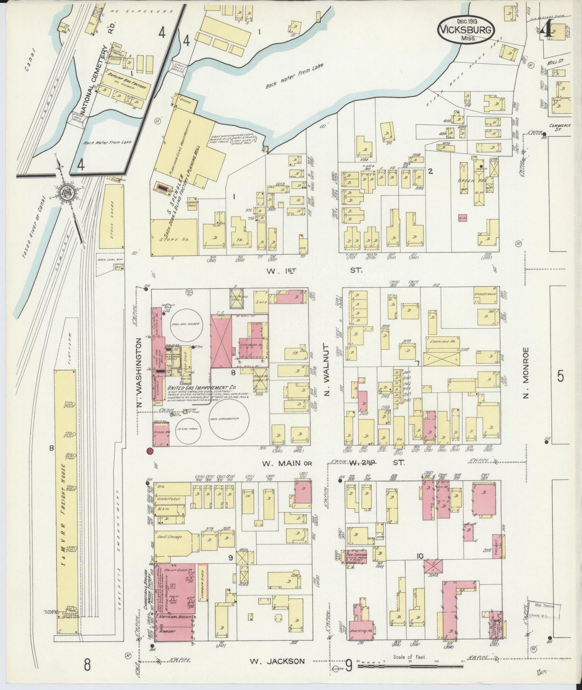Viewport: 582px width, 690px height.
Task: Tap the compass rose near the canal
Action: (x=64, y=193)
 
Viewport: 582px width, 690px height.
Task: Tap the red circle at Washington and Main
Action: (x=150, y=451)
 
